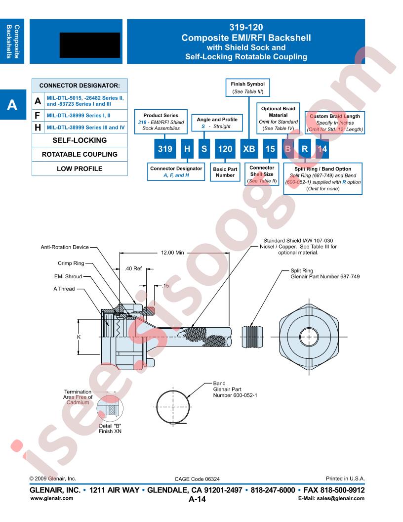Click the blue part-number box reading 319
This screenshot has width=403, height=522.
click(165, 148)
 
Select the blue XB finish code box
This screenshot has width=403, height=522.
click(249, 148)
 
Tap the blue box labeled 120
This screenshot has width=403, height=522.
click(225, 148)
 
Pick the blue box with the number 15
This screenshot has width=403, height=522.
click(270, 148)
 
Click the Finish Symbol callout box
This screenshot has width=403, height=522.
click(248, 87)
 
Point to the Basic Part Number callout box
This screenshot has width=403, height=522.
click(225, 172)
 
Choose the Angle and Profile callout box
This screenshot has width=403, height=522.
click(217, 123)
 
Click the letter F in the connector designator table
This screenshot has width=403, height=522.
click(38, 116)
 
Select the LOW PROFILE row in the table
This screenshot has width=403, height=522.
click(80, 169)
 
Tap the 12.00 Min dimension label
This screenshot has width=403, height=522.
click(172, 253)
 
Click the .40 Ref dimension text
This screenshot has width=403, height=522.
click(133, 268)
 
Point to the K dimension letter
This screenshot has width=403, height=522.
click(79, 337)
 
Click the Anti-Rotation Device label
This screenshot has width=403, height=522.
click(65, 247)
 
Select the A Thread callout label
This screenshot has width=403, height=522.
click(64, 289)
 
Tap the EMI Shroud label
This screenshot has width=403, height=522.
click(68, 276)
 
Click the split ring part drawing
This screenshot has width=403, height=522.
click(252, 337)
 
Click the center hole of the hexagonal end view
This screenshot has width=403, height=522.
click(309, 337)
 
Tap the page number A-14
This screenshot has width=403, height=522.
click(197, 499)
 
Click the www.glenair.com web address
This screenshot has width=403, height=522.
click(51, 498)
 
